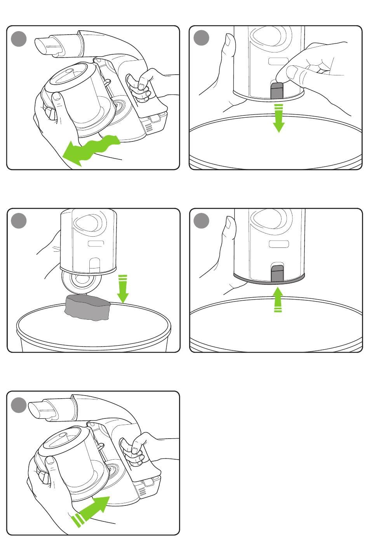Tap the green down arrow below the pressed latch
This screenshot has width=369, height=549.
pyautogui.click(x=278, y=119)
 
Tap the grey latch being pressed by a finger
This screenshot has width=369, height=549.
pyautogui.click(x=276, y=91)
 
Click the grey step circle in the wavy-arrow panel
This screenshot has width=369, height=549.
pyautogui.click(x=19, y=39)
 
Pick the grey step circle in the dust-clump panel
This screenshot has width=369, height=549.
pyautogui.click(x=19, y=221)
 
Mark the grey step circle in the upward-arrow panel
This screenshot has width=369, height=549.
pyautogui.click(x=201, y=221)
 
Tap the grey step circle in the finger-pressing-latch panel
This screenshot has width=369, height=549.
pyautogui.click(x=201, y=38)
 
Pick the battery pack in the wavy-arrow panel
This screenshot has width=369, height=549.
pyautogui.click(x=155, y=122)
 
